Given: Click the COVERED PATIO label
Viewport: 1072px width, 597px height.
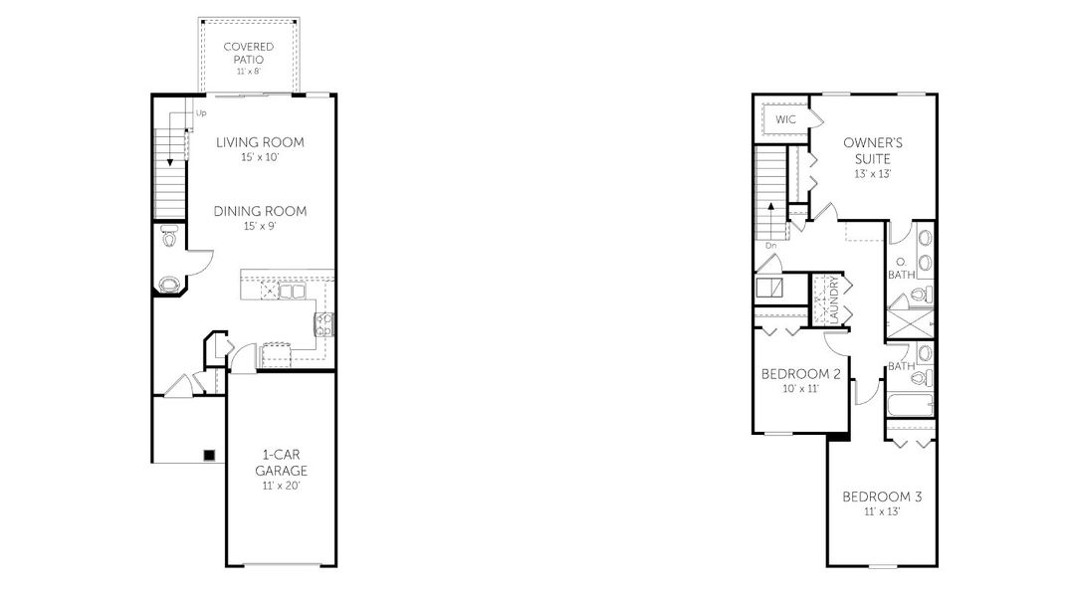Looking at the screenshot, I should tap(249, 53).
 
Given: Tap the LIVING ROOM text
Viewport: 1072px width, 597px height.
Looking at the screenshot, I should tap(260, 142).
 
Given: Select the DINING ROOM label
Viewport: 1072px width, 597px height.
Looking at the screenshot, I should tap(260, 211).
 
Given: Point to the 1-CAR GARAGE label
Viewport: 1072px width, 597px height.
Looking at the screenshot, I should tap(281, 463).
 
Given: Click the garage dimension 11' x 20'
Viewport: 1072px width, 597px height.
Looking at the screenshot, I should tap(281, 487).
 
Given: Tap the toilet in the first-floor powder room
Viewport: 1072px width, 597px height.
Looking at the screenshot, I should tap(168, 238).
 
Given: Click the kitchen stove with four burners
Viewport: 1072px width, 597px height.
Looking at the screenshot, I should tap(324, 322).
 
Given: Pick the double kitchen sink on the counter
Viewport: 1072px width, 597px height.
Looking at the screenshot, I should tap(291, 293).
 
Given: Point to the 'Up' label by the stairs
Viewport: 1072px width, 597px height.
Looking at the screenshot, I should tap(201, 113).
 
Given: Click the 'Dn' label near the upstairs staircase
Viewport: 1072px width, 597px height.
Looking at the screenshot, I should tap(770, 245).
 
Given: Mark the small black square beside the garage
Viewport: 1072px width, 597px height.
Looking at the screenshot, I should tap(209, 455).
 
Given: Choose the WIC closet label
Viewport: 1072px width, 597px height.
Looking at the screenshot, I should tap(786, 119).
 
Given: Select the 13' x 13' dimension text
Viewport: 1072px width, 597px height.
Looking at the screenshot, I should tap(872, 174).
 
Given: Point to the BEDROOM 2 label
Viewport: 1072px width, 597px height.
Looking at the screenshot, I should tap(801, 374).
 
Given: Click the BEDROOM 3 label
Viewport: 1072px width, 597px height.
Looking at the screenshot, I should tap(882, 497).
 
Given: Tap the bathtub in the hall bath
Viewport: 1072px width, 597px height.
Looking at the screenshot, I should tap(909, 405).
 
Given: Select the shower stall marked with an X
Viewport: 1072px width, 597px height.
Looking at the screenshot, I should tap(910, 325).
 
